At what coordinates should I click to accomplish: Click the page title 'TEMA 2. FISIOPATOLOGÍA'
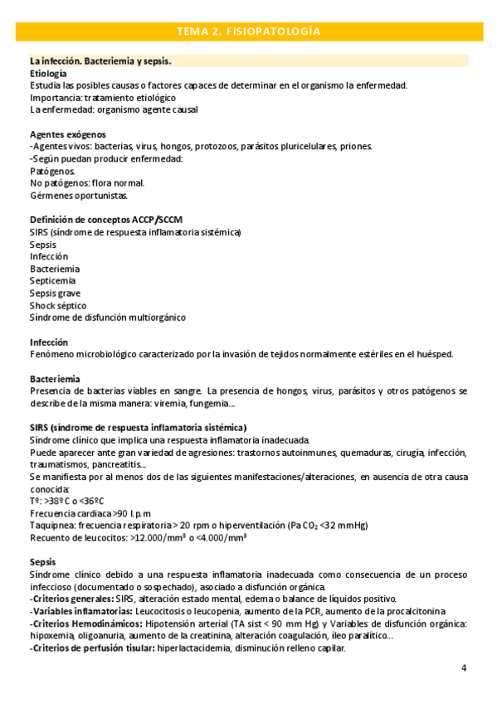pyautogui.click(x=248, y=32)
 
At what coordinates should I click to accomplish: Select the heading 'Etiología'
pyautogui.click(x=49, y=74)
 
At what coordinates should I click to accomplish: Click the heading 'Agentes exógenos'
pyautogui.click(x=67, y=134)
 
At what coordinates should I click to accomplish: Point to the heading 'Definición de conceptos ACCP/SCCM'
pyautogui.click(x=106, y=220)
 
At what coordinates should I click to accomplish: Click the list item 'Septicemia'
pyautogui.click(x=54, y=281)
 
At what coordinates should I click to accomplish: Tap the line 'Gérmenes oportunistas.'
pyautogui.click(x=79, y=196)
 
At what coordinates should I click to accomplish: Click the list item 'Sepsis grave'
pyautogui.click(x=55, y=293)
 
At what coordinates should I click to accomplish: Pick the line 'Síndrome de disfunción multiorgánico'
pyautogui.click(x=108, y=318)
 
